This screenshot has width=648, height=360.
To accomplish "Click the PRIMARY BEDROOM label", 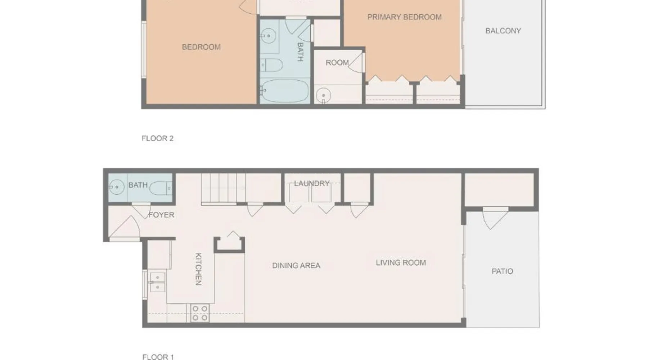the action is tap(404, 17).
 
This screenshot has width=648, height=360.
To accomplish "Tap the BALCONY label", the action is tap(503, 31).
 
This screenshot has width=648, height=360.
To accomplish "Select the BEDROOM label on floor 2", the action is tap(201, 47).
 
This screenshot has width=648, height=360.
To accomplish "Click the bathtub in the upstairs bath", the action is tap(285, 91).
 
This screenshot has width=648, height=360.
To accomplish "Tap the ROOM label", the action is tap(337, 63).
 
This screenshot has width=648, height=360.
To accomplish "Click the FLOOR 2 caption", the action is tap(158, 138).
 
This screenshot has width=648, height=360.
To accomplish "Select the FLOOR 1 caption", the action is tap(158, 357).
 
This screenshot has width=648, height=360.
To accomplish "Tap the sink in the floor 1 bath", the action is tap(116, 187).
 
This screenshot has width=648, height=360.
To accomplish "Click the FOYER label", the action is tap(161, 215).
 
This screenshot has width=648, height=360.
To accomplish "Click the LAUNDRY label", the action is tap(312, 183).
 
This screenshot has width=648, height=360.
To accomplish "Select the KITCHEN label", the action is tap(198, 269).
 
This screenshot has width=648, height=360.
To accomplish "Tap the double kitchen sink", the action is tap(157, 282).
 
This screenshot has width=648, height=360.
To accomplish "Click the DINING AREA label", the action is tap(296, 265).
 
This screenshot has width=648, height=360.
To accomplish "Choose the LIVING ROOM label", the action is tap(401, 262).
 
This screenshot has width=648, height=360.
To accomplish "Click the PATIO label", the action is tap(502, 271).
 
